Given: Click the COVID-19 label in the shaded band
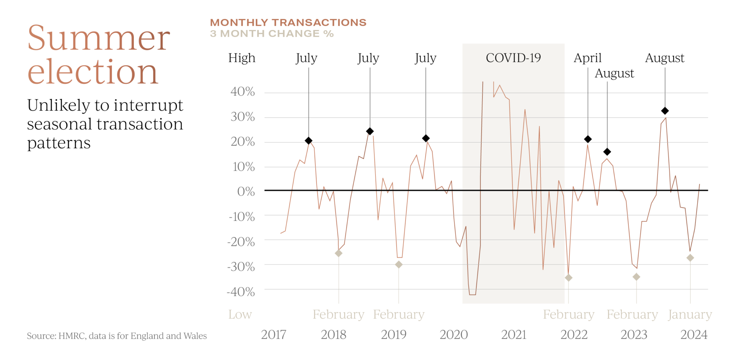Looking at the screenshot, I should tap(513, 58).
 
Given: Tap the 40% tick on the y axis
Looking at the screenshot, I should tap(243, 92).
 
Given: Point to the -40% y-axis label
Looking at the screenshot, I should tap(241, 292).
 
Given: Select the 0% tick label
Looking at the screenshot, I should tap(246, 192).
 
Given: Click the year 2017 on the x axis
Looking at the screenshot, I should tap(273, 335).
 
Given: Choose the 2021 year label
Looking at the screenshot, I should tap(514, 335).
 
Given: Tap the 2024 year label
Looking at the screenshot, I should tap(694, 335).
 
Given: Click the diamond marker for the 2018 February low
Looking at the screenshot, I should tap(338, 253).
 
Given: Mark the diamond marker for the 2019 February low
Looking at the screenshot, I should tap(399, 264).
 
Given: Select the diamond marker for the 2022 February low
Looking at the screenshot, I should tap(568, 278).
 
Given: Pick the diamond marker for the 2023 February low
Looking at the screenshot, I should tap(636, 277).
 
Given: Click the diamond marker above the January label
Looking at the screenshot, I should tap(690, 258).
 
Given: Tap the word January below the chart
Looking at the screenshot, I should tap(690, 315).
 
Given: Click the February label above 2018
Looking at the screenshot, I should tap(338, 315).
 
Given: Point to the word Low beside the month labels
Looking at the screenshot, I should tap(240, 315).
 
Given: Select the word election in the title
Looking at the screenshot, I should tap(93, 71).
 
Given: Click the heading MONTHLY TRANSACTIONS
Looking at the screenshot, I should tap(288, 22).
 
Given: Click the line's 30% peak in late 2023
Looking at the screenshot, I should tap(666, 118).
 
